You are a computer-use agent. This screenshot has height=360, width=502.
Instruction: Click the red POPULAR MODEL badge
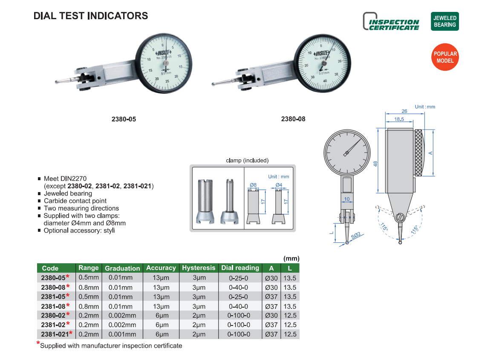tap(445, 57)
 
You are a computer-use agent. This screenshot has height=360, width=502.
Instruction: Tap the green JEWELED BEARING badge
tap(445, 21)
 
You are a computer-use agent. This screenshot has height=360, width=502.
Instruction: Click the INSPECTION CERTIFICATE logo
tap(391, 21)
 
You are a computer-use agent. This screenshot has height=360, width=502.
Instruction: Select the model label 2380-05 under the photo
tap(124, 119)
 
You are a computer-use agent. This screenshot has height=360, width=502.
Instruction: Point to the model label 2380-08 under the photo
tap(293, 119)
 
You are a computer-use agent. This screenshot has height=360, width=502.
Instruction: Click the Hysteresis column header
tap(199, 268)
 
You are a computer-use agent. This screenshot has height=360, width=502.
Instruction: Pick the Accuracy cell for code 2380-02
tap(162, 316)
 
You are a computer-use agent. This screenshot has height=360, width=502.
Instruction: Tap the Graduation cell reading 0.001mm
tap(122, 334)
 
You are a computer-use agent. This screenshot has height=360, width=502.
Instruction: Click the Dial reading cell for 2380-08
tap(238, 287)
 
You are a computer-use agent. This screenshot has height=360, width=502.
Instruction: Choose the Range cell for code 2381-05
tap(89, 297)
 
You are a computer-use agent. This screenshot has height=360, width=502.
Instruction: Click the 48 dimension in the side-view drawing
tap(375, 164)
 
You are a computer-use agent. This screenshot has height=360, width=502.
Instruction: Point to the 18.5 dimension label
tap(399, 119)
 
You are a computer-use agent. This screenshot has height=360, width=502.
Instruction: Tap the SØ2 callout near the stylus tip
tap(356, 236)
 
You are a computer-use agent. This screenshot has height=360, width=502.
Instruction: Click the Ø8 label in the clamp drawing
tap(253, 185)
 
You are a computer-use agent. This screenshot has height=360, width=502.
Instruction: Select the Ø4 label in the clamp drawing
tap(279, 185)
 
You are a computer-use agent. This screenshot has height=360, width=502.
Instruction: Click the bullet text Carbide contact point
tap(75, 201)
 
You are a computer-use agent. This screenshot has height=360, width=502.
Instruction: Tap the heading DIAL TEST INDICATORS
tap(91, 16)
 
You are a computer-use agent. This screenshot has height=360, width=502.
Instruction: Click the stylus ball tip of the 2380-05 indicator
tap(57, 82)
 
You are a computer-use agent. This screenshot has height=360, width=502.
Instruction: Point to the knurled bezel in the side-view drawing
tap(418, 153)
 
